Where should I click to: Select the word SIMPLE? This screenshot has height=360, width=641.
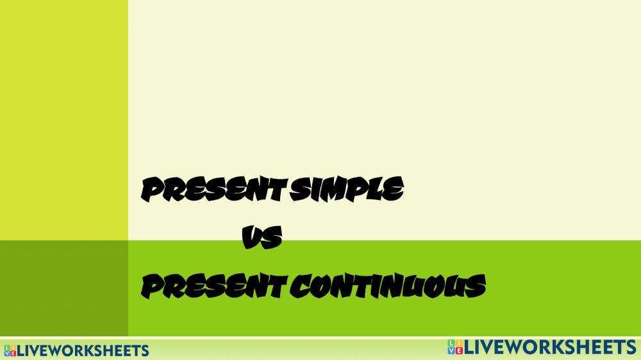(347, 190)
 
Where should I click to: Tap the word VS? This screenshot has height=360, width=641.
(262, 239)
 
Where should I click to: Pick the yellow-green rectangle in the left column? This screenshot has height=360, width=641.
(64, 120)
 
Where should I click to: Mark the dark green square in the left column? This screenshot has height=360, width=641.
(64, 288)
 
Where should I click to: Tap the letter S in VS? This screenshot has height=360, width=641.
(272, 239)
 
